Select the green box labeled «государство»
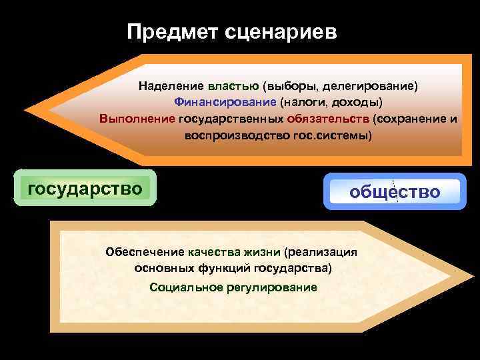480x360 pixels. tap(85, 189)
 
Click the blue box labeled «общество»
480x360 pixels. tap(395, 193)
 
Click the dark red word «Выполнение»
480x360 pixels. tap(137, 119)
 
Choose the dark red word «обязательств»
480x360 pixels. tap(328, 119)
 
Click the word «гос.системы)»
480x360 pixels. tap(333, 135)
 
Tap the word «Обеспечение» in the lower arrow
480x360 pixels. tap(145, 253)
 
